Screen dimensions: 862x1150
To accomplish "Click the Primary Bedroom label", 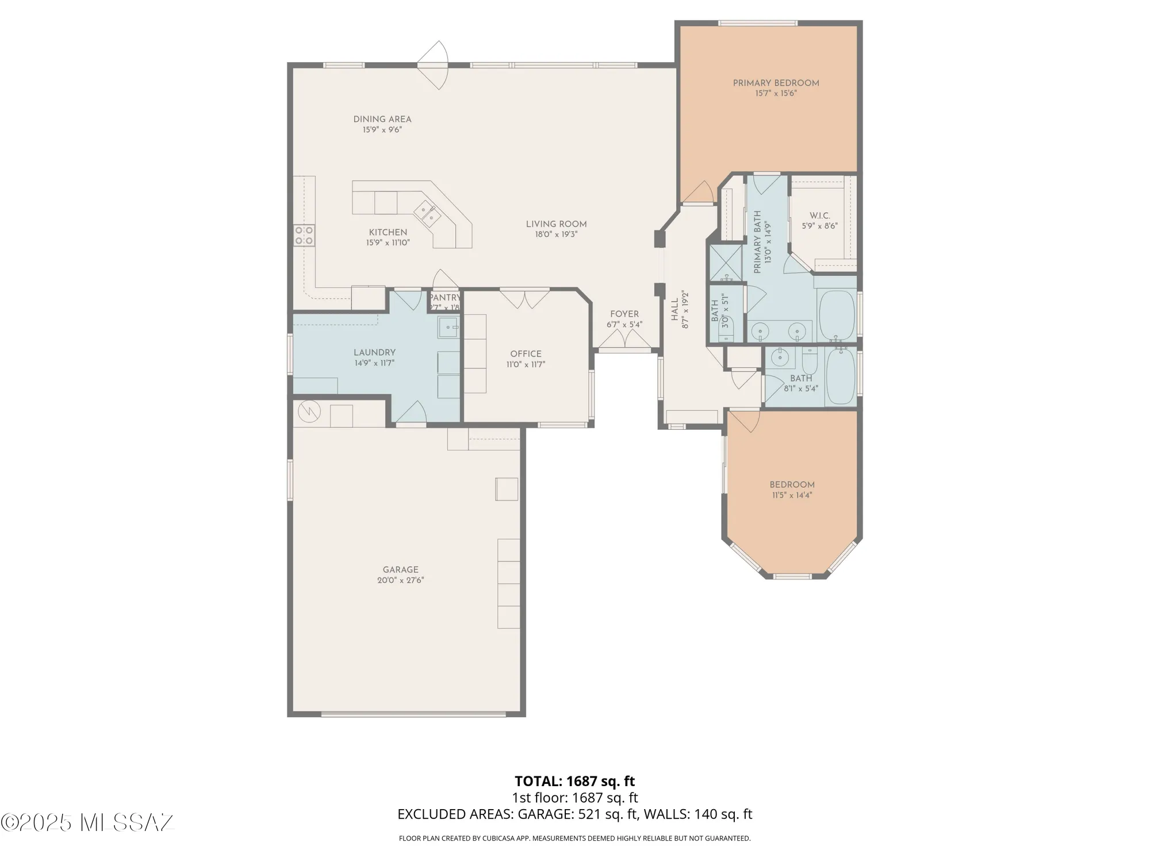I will [x=776, y=83].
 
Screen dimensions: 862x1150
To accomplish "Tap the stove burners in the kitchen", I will [x=304, y=236].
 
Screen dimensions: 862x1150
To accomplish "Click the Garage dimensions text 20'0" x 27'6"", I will [x=401, y=580].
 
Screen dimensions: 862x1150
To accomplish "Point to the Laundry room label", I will [x=374, y=352].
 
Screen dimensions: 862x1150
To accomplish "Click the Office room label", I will [x=526, y=354].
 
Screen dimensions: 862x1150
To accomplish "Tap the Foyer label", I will [x=624, y=314].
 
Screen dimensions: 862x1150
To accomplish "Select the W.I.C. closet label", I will [x=820, y=215].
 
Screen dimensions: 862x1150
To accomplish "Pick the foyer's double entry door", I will [x=625, y=342].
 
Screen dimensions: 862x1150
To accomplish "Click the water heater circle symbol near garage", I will [x=309, y=411].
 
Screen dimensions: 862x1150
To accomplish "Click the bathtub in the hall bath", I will [x=840, y=376].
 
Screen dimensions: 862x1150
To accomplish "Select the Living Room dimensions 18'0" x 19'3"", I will [x=556, y=234].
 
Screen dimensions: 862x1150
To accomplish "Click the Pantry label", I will [x=444, y=298].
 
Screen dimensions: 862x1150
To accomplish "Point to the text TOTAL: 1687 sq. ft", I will [x=574, y=781].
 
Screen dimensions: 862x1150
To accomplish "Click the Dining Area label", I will [x=382, y=120].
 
